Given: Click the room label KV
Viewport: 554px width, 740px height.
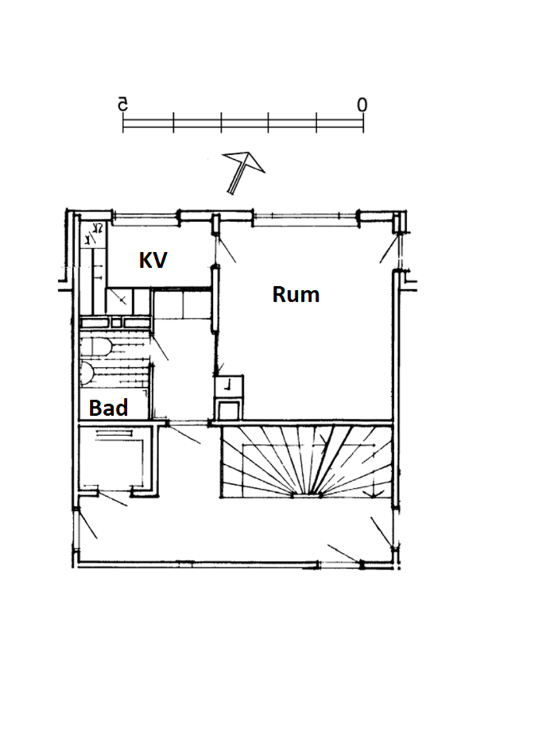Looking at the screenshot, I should pyautogui.click(x=153, y=260).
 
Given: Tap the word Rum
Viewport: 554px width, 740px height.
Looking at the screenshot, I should pyautogui.click(x=296, y=294).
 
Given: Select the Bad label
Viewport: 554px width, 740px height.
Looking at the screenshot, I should pyautogui.click(x=108, y=408).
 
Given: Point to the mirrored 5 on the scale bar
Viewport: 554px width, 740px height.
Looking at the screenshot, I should pyautogui.click(x=122, y=105).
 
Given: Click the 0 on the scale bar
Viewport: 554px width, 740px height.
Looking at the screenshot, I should pyautogui.click(x=362, y=106).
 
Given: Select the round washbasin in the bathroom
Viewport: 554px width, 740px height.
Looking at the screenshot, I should pyautogui.click(x=87, y=373).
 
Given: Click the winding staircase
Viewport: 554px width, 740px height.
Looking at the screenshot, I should pyautogui.click(x=306, y=461).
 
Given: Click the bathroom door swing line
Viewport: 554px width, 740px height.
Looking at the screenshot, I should pyautogui.click(x=160, y=348).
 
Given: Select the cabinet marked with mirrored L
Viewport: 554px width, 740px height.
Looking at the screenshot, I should pyautogui.click(x=229, y=384).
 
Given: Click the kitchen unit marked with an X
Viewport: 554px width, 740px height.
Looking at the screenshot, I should pyautogui.click(x=121, y=300).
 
